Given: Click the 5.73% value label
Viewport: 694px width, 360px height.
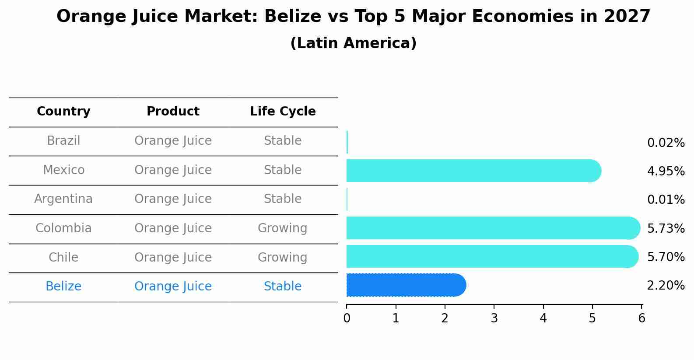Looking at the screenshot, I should point(666,228).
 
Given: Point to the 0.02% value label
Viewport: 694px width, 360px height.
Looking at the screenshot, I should point(666,143).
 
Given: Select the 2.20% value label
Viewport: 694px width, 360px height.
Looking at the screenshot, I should point(666,286).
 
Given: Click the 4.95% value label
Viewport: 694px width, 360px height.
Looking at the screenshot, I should point(666,171).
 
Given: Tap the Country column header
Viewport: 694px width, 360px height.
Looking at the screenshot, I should point(63,112).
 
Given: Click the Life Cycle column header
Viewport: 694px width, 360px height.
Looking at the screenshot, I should point(283,112).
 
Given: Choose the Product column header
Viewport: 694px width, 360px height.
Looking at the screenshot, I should point(173,112).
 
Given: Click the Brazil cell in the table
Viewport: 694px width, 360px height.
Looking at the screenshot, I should point(63,141).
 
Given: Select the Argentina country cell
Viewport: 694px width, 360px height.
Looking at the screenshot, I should point(63,199).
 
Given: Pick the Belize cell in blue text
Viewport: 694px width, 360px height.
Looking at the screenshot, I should point(63,287).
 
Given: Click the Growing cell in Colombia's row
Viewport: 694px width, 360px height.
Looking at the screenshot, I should point(283,228).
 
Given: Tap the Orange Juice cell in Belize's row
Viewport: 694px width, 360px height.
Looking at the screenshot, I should point(173,287).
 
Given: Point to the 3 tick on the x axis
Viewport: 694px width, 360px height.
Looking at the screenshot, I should point(494,318).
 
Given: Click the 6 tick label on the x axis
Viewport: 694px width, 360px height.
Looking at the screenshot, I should point(641,318).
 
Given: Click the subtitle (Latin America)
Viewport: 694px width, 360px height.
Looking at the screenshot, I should point(353,43).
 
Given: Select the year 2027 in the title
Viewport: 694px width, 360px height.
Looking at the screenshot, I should point(627,17).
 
